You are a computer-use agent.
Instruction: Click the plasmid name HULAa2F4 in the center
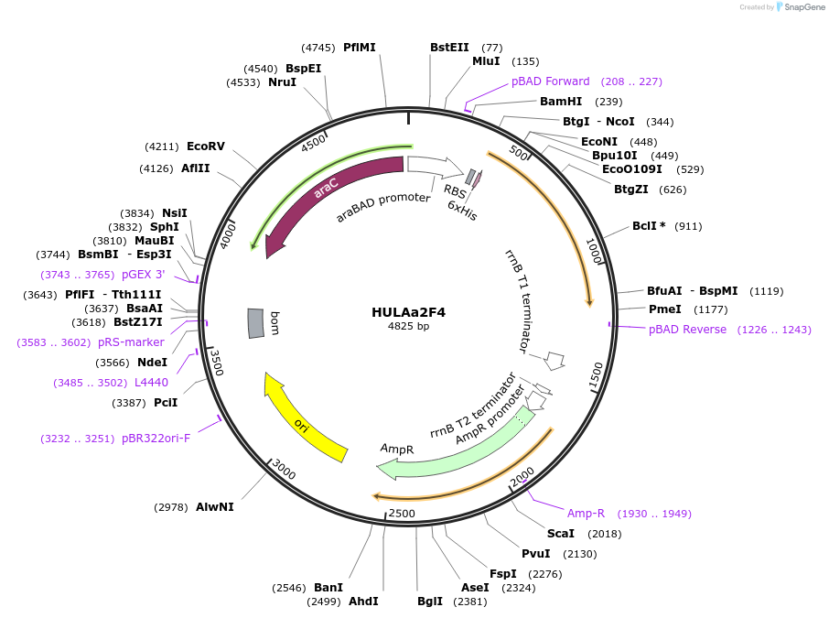[408, 311]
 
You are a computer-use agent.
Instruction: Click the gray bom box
[256, 322]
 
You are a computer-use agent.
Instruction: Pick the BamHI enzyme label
[561, 102]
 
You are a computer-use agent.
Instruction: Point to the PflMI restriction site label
[359, 48]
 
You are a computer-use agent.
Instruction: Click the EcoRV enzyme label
[205, 146]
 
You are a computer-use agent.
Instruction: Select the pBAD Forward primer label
[551, 81]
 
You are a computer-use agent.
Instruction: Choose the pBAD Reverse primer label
[687, 330]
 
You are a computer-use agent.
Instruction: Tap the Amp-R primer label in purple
[586, 514]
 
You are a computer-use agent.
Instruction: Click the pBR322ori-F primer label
[156, 439]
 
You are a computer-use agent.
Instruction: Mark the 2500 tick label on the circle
[402, 514]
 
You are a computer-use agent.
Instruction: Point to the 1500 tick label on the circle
[596, 374]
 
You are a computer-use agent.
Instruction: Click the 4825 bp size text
[408, 326]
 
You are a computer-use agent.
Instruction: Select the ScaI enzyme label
[560, 534]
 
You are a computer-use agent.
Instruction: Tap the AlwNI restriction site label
[214, 506]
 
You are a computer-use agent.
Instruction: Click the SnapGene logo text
[798, 7]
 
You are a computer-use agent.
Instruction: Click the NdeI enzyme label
[152, 363]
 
